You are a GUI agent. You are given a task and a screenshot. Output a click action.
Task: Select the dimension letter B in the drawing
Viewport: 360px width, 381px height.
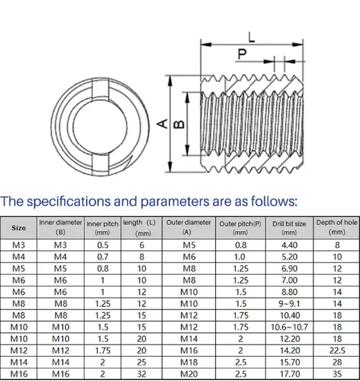click(x=178, y=123)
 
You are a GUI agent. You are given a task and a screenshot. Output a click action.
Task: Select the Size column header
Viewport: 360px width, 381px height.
click(x=19, y=228)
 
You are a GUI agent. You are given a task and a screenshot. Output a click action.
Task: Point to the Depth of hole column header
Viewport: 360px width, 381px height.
click(x=336, y=228)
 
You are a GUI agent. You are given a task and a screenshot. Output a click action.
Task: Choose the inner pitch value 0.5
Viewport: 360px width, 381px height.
click(x=103, y=245)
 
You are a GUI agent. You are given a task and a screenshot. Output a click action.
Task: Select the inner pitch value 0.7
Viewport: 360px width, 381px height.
click(x=103, y=257)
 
